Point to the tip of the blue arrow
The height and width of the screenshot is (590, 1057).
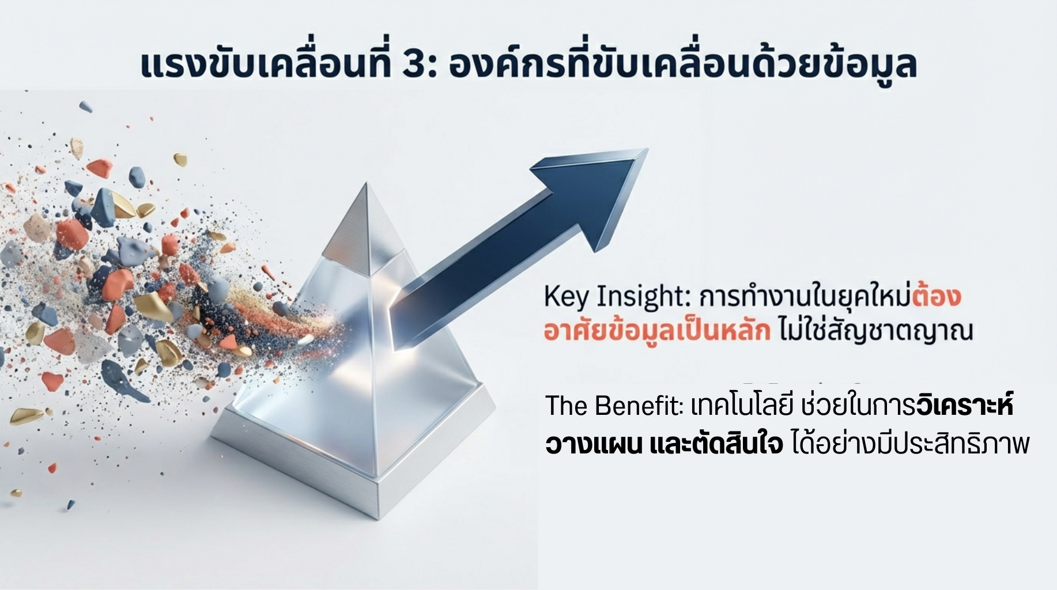click(x=648, y=149)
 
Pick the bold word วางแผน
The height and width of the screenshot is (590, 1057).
click(x=593, y=444)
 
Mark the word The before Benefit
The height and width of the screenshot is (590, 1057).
click(x=567, y=406)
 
